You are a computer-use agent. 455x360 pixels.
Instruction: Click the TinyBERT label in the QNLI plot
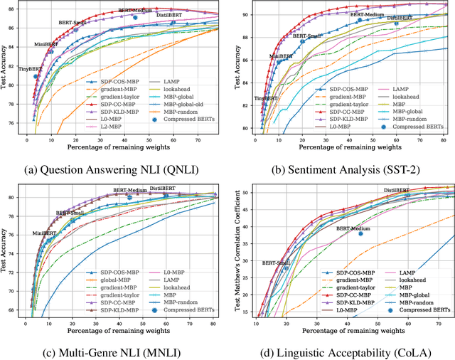(30, 70)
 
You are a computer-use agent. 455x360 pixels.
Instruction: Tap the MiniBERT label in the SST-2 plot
(282, 56)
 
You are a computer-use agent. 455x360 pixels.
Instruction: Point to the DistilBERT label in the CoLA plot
(397, 191)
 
